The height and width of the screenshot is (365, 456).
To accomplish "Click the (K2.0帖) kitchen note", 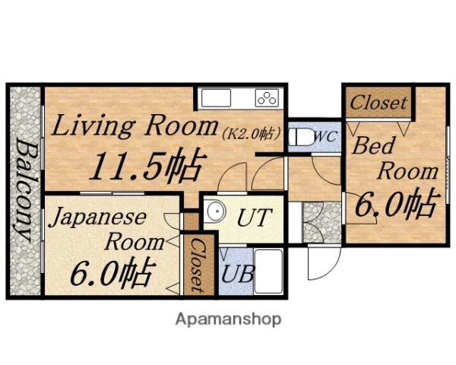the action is [x=252, y=134].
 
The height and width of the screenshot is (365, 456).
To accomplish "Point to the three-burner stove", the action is [x=267, y=98].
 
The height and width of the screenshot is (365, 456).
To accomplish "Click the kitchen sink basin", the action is [x=216, y=98].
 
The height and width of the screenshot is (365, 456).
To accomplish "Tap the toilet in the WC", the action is [x=300, y=137].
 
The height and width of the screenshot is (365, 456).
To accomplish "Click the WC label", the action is [x=326, y=137].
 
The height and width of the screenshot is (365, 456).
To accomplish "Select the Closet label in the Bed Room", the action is [x=378, y=103].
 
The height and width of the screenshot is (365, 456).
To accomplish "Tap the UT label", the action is [x=254, y=217].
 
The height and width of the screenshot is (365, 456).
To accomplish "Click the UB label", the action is [x=238, y=274].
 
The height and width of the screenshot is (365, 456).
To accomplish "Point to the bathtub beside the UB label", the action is [x=269, y=271].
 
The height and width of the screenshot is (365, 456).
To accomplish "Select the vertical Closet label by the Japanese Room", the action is [x=198, y=265].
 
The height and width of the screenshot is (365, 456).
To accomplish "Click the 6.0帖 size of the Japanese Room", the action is [x=111, y=271].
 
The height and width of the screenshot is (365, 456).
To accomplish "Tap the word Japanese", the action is [x=98, y=217].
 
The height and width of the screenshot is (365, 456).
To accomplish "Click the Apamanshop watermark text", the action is [x=228, y=320].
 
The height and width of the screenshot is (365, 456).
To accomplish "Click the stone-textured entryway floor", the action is [x=322, y=222].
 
